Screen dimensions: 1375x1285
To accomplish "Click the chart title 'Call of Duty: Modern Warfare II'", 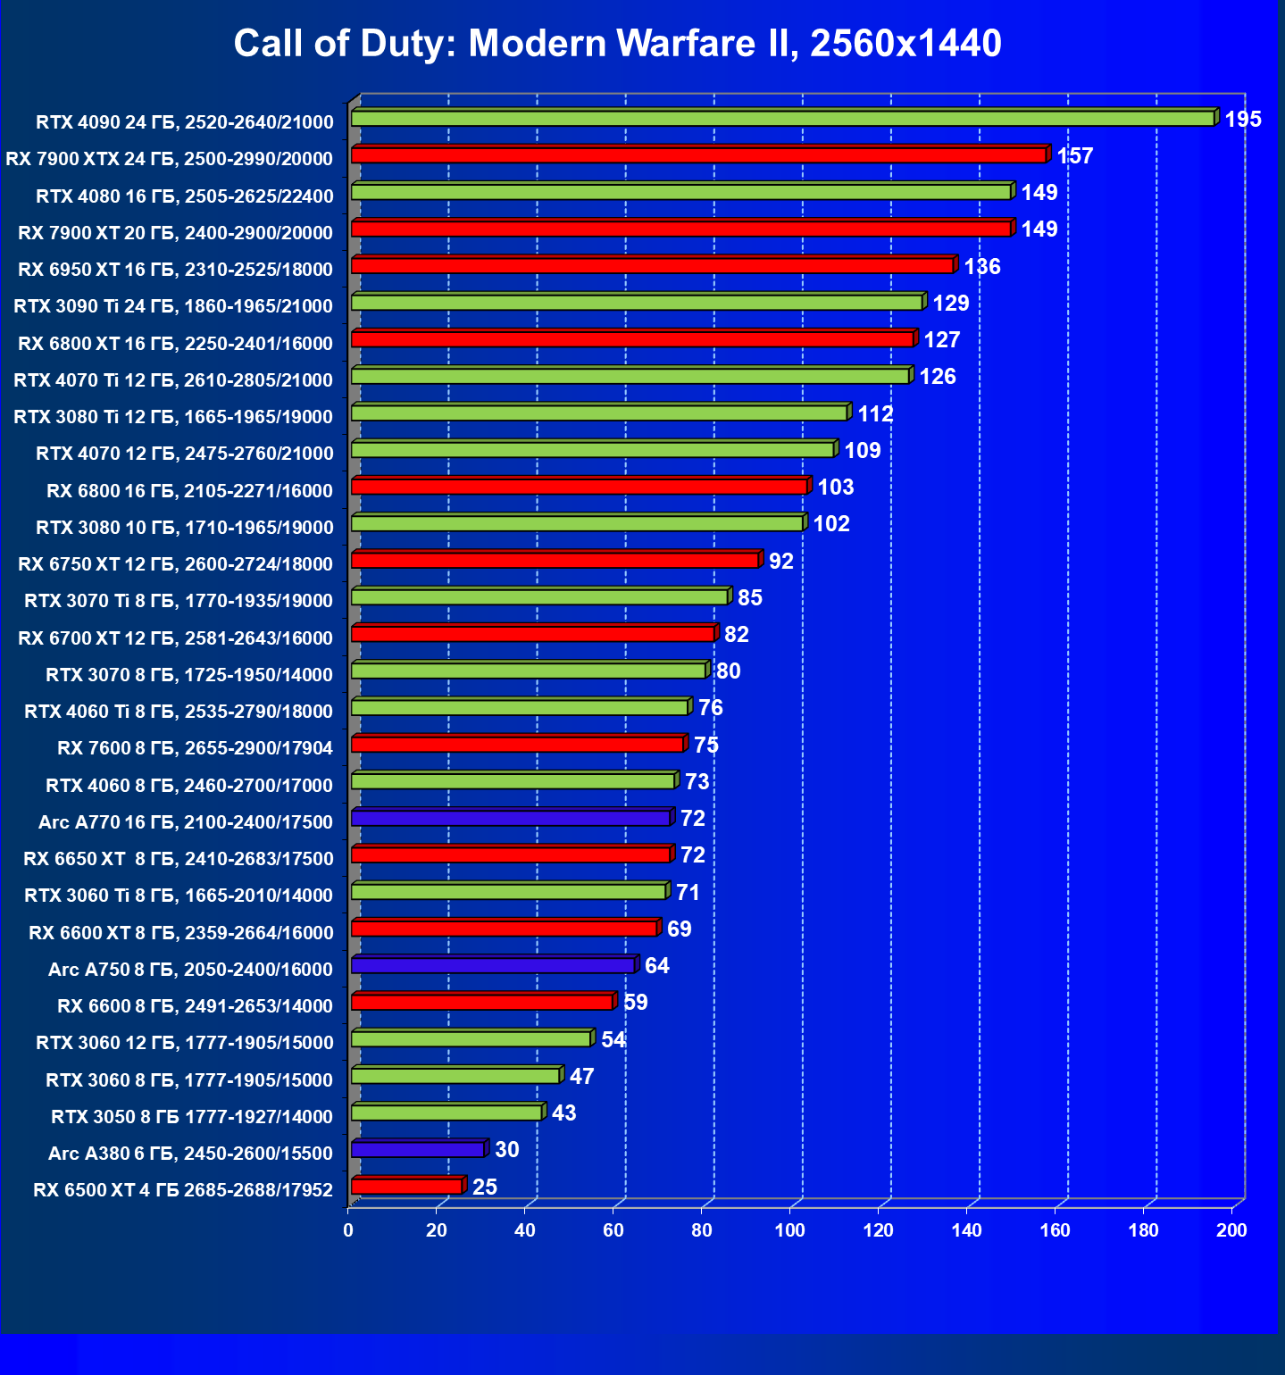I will point(617,43).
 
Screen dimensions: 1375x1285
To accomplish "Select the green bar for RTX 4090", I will point(782,119).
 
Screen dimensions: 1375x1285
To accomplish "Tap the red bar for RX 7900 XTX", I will point(698,155).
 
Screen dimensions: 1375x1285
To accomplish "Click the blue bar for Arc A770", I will point(511,818).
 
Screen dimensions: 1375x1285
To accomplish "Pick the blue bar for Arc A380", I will point(418,1149).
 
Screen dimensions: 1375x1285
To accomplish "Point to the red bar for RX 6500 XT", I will point(406,1186).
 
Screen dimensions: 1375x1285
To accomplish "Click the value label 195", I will point(1243,120).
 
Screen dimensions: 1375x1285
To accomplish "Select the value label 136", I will point(982,267).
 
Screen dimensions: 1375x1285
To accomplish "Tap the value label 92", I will point(781,562).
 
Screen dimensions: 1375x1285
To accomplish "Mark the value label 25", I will point(485,1187).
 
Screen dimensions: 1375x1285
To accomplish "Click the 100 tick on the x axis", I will point(789,1230).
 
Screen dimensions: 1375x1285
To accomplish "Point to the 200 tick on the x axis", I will point(1231,1230).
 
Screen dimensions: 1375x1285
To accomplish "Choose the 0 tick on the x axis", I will point(348,1230).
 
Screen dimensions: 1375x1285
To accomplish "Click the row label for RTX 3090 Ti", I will point(173,306).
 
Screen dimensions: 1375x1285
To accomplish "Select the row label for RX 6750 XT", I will point(175,564).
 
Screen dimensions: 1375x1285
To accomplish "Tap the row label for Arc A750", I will point(190,970).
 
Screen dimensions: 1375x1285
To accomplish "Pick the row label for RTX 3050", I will point(191,1117).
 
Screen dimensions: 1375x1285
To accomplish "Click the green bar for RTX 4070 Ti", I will point(630,376).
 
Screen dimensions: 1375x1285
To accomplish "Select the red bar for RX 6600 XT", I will point(504,929).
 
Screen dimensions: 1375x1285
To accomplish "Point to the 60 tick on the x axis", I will point(613,1230).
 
